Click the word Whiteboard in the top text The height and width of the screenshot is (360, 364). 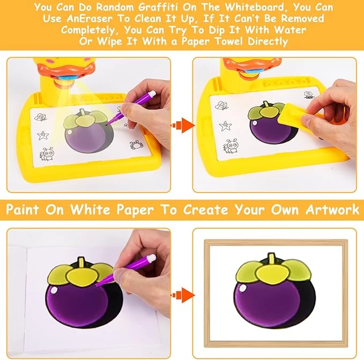coord(255,7)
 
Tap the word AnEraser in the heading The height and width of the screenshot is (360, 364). coord(90,19)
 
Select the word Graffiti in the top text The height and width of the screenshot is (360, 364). coord(158,7)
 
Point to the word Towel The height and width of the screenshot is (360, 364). coord(228,41)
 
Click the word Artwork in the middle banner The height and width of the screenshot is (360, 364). coord(332,209)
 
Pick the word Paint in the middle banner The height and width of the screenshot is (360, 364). coord(23,209)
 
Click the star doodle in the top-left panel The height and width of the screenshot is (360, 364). coord(43,135)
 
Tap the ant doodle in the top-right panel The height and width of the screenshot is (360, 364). coord(231,146)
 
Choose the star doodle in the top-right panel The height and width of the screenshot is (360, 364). coord(225,126)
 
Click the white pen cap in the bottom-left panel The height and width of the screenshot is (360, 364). coord(151,258)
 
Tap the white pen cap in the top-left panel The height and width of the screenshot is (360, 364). coord(152,93)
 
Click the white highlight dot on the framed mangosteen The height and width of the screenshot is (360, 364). coord(243,288)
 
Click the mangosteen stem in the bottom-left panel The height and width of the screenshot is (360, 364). coord(80,263)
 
